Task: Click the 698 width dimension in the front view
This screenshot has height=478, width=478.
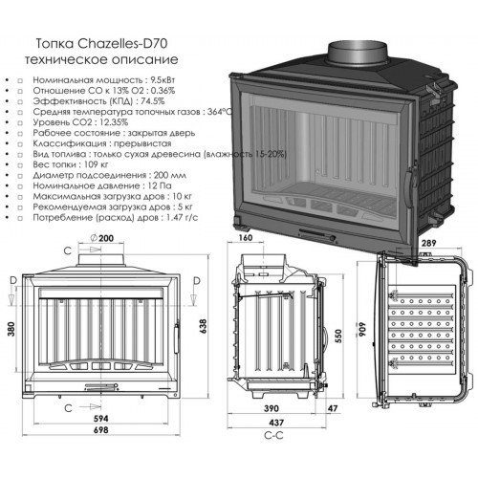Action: coord(101,430)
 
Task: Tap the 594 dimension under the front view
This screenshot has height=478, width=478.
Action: coord(101,418)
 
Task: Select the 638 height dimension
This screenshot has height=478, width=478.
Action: coord(203,326)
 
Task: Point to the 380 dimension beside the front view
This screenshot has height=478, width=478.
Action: coord(11,329)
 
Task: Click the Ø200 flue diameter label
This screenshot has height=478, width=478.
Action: coord(101,238)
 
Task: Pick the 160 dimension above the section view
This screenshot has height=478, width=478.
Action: coord(245,237)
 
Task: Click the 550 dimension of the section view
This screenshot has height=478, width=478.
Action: coord(338,336)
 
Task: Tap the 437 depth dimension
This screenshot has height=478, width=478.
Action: coord(276,423)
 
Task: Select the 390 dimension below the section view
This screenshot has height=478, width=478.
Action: coord(272,408)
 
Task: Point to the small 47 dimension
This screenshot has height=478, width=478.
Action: coord(333,408)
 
